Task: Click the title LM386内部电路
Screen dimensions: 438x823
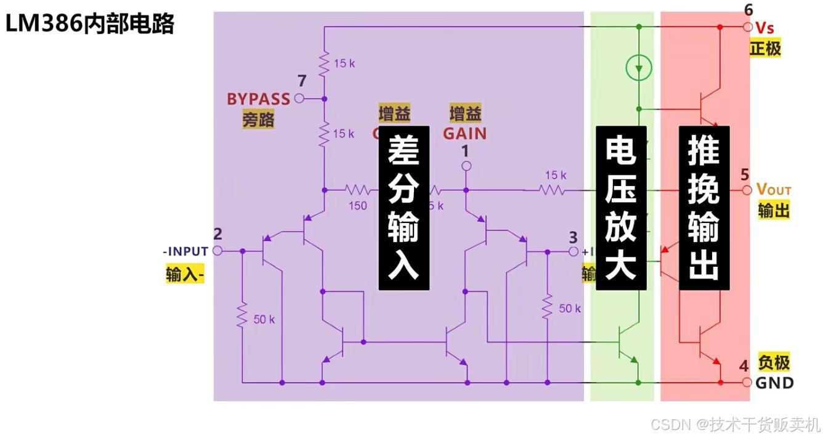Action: (90, 23)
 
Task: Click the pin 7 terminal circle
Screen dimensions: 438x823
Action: (299, 98)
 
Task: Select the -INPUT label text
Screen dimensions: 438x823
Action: (185, 251)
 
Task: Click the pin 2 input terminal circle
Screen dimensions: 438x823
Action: (217, 251)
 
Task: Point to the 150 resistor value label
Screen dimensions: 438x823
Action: (357, 206)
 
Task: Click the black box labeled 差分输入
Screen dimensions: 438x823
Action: (403, 208)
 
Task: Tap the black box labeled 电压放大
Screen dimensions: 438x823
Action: (621, 208)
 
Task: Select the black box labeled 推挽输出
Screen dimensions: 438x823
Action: (703, 208)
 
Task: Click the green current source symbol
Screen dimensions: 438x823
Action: (638, 67)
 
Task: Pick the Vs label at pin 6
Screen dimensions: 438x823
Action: (764, 28)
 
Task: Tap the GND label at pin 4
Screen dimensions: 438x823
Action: (774, 383)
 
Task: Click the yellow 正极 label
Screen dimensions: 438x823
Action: (765, 48)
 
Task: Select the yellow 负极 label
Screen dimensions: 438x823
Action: (773, 362)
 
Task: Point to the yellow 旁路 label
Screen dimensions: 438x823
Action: (258, 119)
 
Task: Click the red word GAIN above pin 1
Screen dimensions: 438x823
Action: (464, 133)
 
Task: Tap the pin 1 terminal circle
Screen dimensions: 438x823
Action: (466, 166)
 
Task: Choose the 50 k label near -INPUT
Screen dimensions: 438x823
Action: (264, 319)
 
